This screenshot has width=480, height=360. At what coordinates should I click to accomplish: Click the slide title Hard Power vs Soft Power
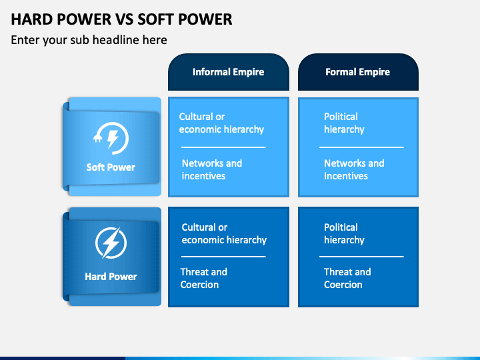pyautogui.click(x=121, y=19)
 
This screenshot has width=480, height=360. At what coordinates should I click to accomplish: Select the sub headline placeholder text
pyautogui.click(x=89, y=40)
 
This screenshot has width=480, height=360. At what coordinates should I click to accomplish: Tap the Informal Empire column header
pyautogui.click(x=228, y=72)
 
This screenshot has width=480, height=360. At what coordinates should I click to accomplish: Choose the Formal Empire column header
pyautogui.click(x=357, y=72)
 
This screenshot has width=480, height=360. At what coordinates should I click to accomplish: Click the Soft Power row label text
pyautogui.click(x=111, y=167)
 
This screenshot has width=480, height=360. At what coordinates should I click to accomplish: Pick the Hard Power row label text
pyautogui.click(x=111, y=277)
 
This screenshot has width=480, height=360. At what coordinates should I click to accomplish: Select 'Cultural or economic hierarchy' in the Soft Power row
pyautogui.click(x=221, y=123)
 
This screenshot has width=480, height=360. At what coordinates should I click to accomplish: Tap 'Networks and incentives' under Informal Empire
pyautogui.click(x=211, y=169)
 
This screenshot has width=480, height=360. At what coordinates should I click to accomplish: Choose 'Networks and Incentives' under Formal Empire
pyautogui.click(x=354, y=169)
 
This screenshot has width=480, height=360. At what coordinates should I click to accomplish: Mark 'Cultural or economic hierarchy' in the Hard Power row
pyautogui.click(x=224, y=233)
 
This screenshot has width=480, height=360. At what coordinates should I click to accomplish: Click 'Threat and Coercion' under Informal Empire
pyautogui.click(x=203, y=278)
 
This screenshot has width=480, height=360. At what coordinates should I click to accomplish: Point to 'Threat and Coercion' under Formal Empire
pyautogui.click(x=347, y=278)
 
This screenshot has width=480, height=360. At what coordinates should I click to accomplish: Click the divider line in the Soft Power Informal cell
pyautogui.click(x=223, y=147)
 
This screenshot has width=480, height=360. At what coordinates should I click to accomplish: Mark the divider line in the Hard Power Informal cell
pyautogui.click(x=223, y=257)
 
